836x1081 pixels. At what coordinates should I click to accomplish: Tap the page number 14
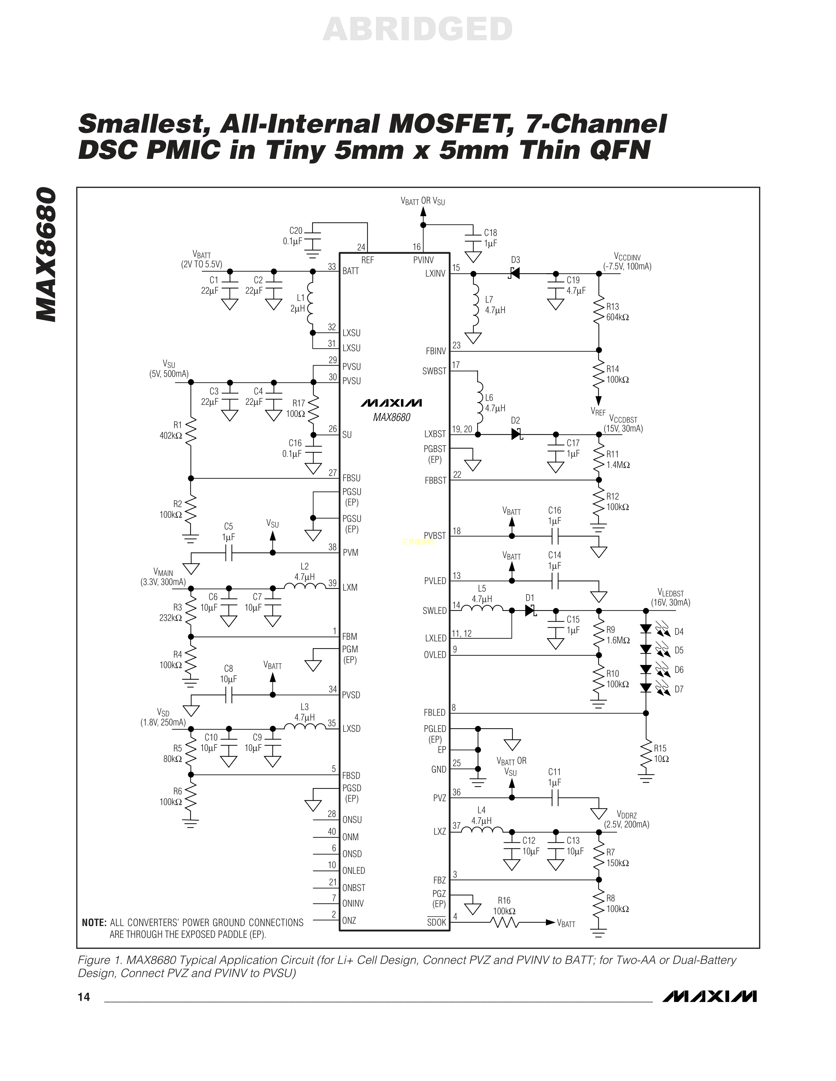click(84, 997)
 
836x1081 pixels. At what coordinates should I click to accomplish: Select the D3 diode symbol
click(515, 273)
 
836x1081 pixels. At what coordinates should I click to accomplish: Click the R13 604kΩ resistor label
click(617, 312)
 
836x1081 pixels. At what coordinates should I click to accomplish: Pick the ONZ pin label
click(349, 920)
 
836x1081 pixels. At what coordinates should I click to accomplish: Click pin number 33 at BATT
click(332, 266)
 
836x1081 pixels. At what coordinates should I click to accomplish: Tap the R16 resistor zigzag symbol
click(504, 922)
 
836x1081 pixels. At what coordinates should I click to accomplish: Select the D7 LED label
click(679, 689)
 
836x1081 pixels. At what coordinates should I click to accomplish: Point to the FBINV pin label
click(436, 351)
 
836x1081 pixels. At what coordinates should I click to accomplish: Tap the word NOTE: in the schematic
click(94, 922)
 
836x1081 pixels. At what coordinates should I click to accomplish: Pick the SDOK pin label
click(436, 922)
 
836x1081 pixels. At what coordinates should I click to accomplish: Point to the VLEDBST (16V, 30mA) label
click(670, 597)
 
